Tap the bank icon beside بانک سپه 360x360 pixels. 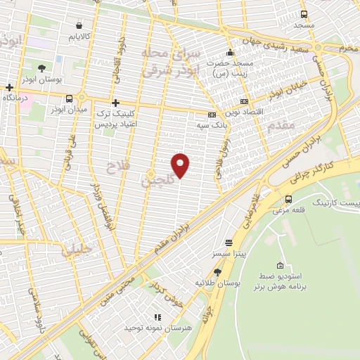pos(212,115)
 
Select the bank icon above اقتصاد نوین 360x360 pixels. pos(244,101)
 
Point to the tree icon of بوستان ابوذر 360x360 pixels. pos(42,68)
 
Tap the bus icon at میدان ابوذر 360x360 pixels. pos(68,98)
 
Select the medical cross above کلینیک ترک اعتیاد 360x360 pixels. pos(115,102)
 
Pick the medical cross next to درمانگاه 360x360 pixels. pos(9,88)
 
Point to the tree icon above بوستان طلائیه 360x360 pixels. pos(217,271)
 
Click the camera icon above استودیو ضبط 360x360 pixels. pos(281,266)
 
